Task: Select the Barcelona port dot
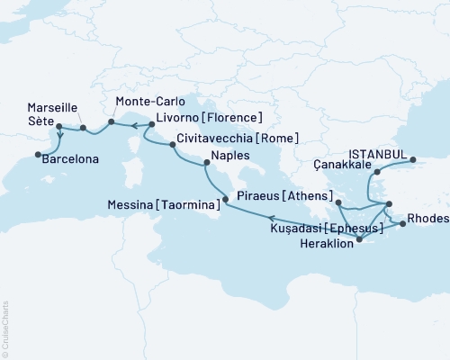(39, 155)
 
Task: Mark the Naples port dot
(207, 163)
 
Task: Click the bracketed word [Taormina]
(188, 206)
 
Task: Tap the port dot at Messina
(223, 205)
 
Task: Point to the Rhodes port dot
(402, 224)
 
